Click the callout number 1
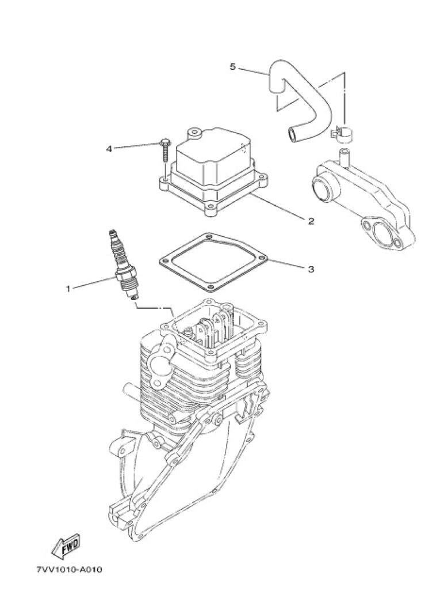[68, 289]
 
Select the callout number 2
[311, 221]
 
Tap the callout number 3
[311, 270]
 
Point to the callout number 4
[109, 149]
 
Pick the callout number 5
[232, 67]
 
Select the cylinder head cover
[213, 173]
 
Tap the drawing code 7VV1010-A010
[70, 570]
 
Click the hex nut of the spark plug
[125, 274]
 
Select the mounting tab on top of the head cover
[194, 132]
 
